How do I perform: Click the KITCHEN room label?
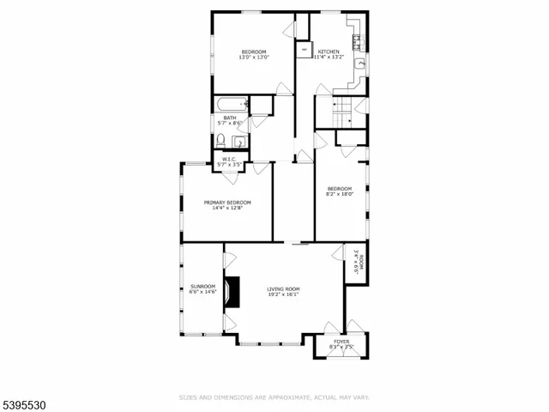point(329,51)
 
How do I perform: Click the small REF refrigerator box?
point(304,50)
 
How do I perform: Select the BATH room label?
point(229,118)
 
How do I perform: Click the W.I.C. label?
point(229,158)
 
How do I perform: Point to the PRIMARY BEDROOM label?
point(227,203)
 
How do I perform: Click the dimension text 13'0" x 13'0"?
point(254,58)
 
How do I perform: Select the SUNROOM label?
point(202,287)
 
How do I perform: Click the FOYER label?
point(341,341)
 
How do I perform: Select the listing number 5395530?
point(24,401)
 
